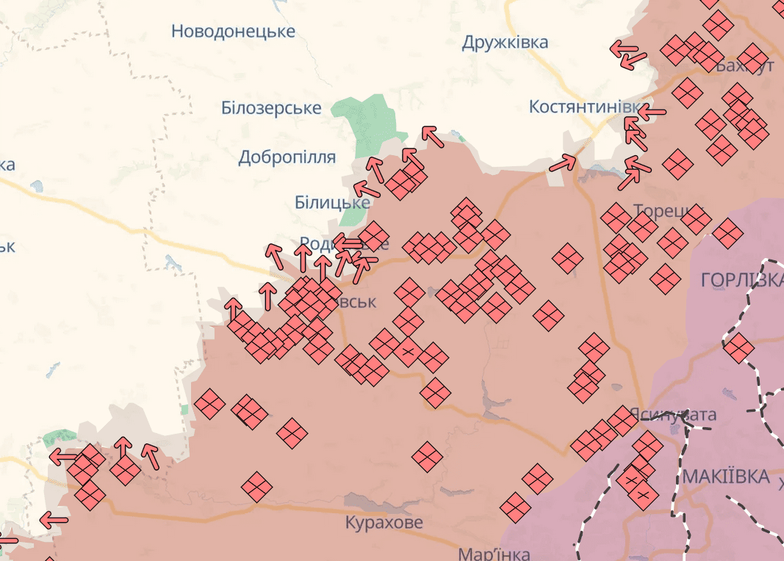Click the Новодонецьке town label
[233, 31]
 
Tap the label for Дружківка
[505, 43]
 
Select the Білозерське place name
[271, 108]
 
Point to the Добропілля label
[287, 157]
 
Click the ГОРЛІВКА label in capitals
[741, 280]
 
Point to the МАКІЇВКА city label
[725, 476]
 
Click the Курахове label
[384, 523]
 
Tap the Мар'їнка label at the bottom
[492, 553]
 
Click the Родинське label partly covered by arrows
[323, 243]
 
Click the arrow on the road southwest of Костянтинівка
[564, 163]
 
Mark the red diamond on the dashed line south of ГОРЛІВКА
[738, 348]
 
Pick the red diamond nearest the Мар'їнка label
[516, 507]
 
